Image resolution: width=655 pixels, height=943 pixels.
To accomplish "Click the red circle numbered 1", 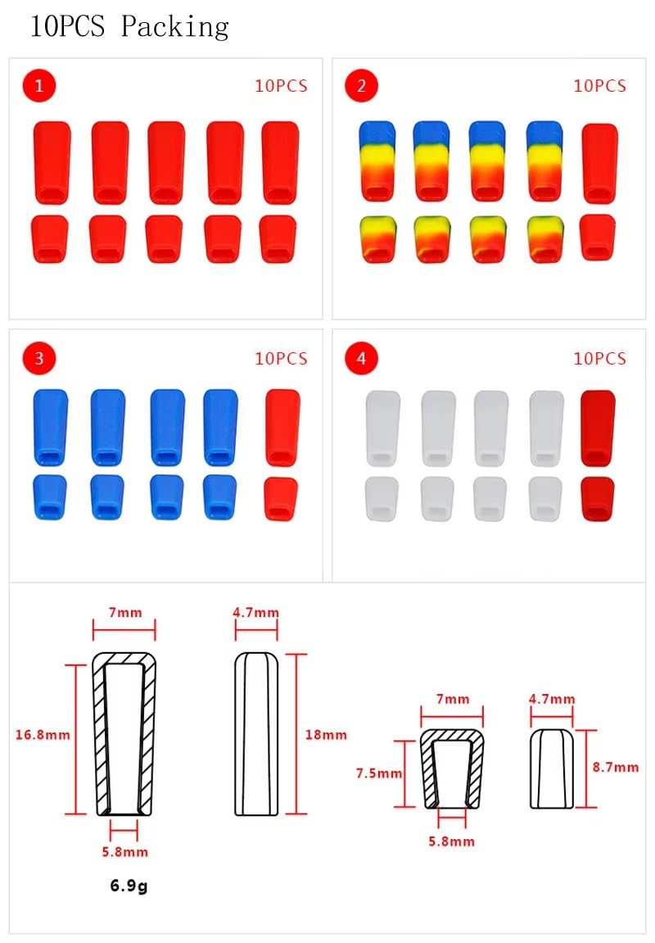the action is (39, 86).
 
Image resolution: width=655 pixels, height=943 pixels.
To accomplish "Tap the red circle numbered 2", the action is (361, 86).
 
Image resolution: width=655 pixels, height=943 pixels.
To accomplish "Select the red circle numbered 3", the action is (39, 358).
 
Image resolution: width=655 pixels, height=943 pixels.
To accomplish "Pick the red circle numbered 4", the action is (361, 358).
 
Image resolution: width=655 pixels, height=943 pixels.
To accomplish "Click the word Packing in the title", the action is (175, 27).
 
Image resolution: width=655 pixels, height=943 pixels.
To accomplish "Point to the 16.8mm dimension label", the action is (43, 734).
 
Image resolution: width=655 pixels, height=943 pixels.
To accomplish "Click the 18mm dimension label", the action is (326, 734).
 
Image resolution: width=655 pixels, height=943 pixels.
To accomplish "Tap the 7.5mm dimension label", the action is (378, 773).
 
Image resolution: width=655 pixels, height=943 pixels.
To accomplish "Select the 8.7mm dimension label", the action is (616, 767).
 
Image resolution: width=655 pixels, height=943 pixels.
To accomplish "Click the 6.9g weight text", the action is (129, 886).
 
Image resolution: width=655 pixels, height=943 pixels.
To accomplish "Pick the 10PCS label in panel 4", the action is (599, 358).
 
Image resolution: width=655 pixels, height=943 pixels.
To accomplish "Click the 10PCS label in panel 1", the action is (281, 86).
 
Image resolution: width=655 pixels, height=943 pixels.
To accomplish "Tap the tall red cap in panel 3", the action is (282, 428).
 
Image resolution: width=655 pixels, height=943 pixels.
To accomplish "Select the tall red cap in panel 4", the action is (598, 428).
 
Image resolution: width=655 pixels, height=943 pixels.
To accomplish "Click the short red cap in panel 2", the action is (598, 238).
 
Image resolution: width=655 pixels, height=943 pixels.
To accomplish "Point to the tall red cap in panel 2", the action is (599, 164).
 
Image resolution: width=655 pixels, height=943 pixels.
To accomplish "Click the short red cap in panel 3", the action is (281, 499).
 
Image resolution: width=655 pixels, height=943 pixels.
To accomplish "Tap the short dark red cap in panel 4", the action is (598, 499).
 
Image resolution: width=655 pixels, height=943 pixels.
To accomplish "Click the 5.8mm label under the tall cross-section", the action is (125, 851).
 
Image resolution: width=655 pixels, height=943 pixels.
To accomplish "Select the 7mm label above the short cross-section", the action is (453, 699).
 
